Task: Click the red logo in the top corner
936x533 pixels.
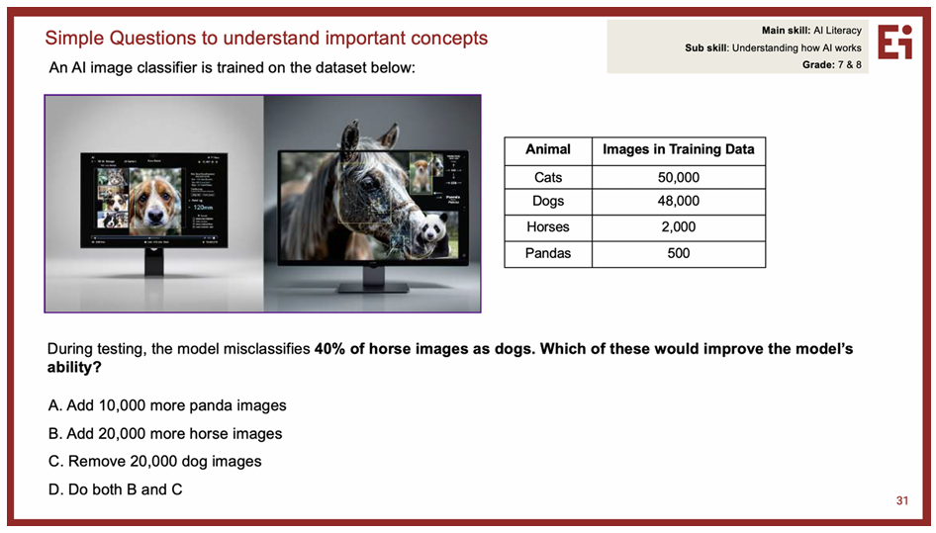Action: coord(894,42)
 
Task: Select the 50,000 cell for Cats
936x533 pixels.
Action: coord(678,177)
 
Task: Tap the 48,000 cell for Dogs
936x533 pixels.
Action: coord(678,201)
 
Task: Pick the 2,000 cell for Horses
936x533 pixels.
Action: coord(678,227)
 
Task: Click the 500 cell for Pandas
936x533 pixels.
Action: coord(678,254)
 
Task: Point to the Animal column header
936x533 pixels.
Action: coord(548,149)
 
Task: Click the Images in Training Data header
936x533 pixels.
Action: coord(678,149)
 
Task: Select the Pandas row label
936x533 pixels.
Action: coord(548,254)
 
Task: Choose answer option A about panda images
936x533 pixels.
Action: coord(167,405)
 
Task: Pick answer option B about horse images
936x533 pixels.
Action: coord(165,434)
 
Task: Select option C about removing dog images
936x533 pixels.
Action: coord(155,462)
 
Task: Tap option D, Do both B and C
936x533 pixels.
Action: coord(115,489)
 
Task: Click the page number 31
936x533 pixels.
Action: coord(902,500)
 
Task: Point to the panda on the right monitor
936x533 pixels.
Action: coord(431,229)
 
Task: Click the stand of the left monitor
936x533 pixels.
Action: coord(154,263)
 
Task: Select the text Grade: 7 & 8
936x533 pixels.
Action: coord(831,65)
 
